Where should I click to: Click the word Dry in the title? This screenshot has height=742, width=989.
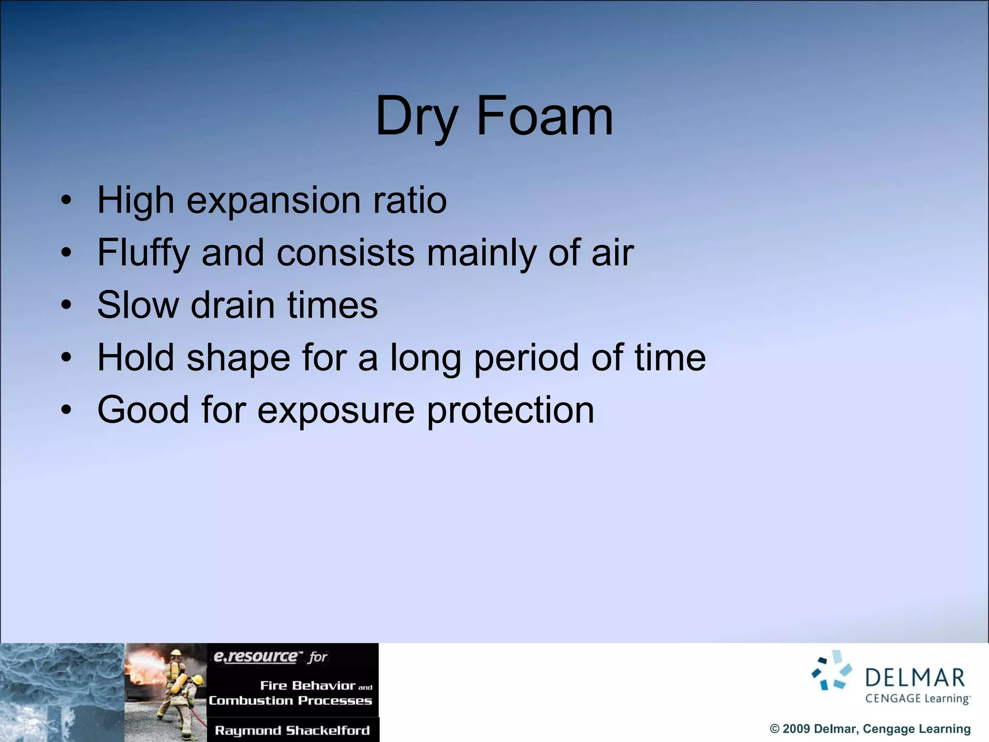(x=416, y=117)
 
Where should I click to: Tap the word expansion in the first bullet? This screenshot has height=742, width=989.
(x=273, y=201)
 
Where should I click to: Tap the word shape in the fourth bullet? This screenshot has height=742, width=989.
(x=239, y=358)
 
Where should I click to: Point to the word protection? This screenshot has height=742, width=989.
(x=510, y=411)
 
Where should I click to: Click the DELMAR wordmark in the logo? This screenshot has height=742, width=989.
(x=915, y=678)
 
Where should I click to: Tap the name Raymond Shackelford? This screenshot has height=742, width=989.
(x=292, y=730)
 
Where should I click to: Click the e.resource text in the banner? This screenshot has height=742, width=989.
(x=256, y=656)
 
